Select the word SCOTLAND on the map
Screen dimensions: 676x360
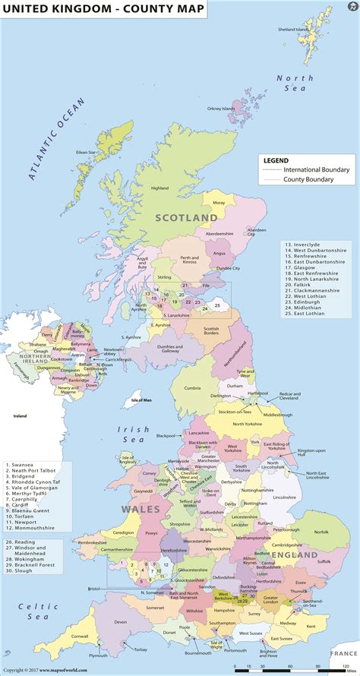[186, 217]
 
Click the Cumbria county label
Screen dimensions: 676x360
[193, 387]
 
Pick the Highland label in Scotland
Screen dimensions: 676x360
[159, 188]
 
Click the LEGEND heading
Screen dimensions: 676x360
[276, 160]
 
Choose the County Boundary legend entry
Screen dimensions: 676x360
[308, 179]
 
